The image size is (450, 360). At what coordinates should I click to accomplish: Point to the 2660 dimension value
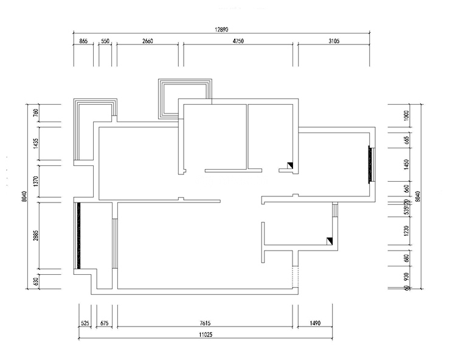click(x=147, y=41)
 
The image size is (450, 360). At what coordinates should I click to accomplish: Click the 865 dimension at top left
click(x=84, y=41)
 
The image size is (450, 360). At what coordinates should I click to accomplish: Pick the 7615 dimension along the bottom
click(x=206, y=324)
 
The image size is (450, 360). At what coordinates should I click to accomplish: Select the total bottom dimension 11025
click(x=206, y=335)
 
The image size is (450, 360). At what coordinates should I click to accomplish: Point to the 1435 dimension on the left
click(x=36, y=144)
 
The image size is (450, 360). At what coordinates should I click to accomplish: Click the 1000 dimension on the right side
click(x=406, y=115)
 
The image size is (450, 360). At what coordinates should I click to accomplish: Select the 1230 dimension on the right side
click(x=406, y=230)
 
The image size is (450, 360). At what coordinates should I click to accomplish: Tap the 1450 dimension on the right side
click(x=406, y=164)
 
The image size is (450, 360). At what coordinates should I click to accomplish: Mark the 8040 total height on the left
click(x=24, y=196)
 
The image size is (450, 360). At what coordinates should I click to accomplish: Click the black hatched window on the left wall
click(x=78, y=235)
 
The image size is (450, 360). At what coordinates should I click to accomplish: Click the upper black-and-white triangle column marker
click(x=291, y=165)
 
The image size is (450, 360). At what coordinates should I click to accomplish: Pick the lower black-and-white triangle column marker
click(x=330, y=241)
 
